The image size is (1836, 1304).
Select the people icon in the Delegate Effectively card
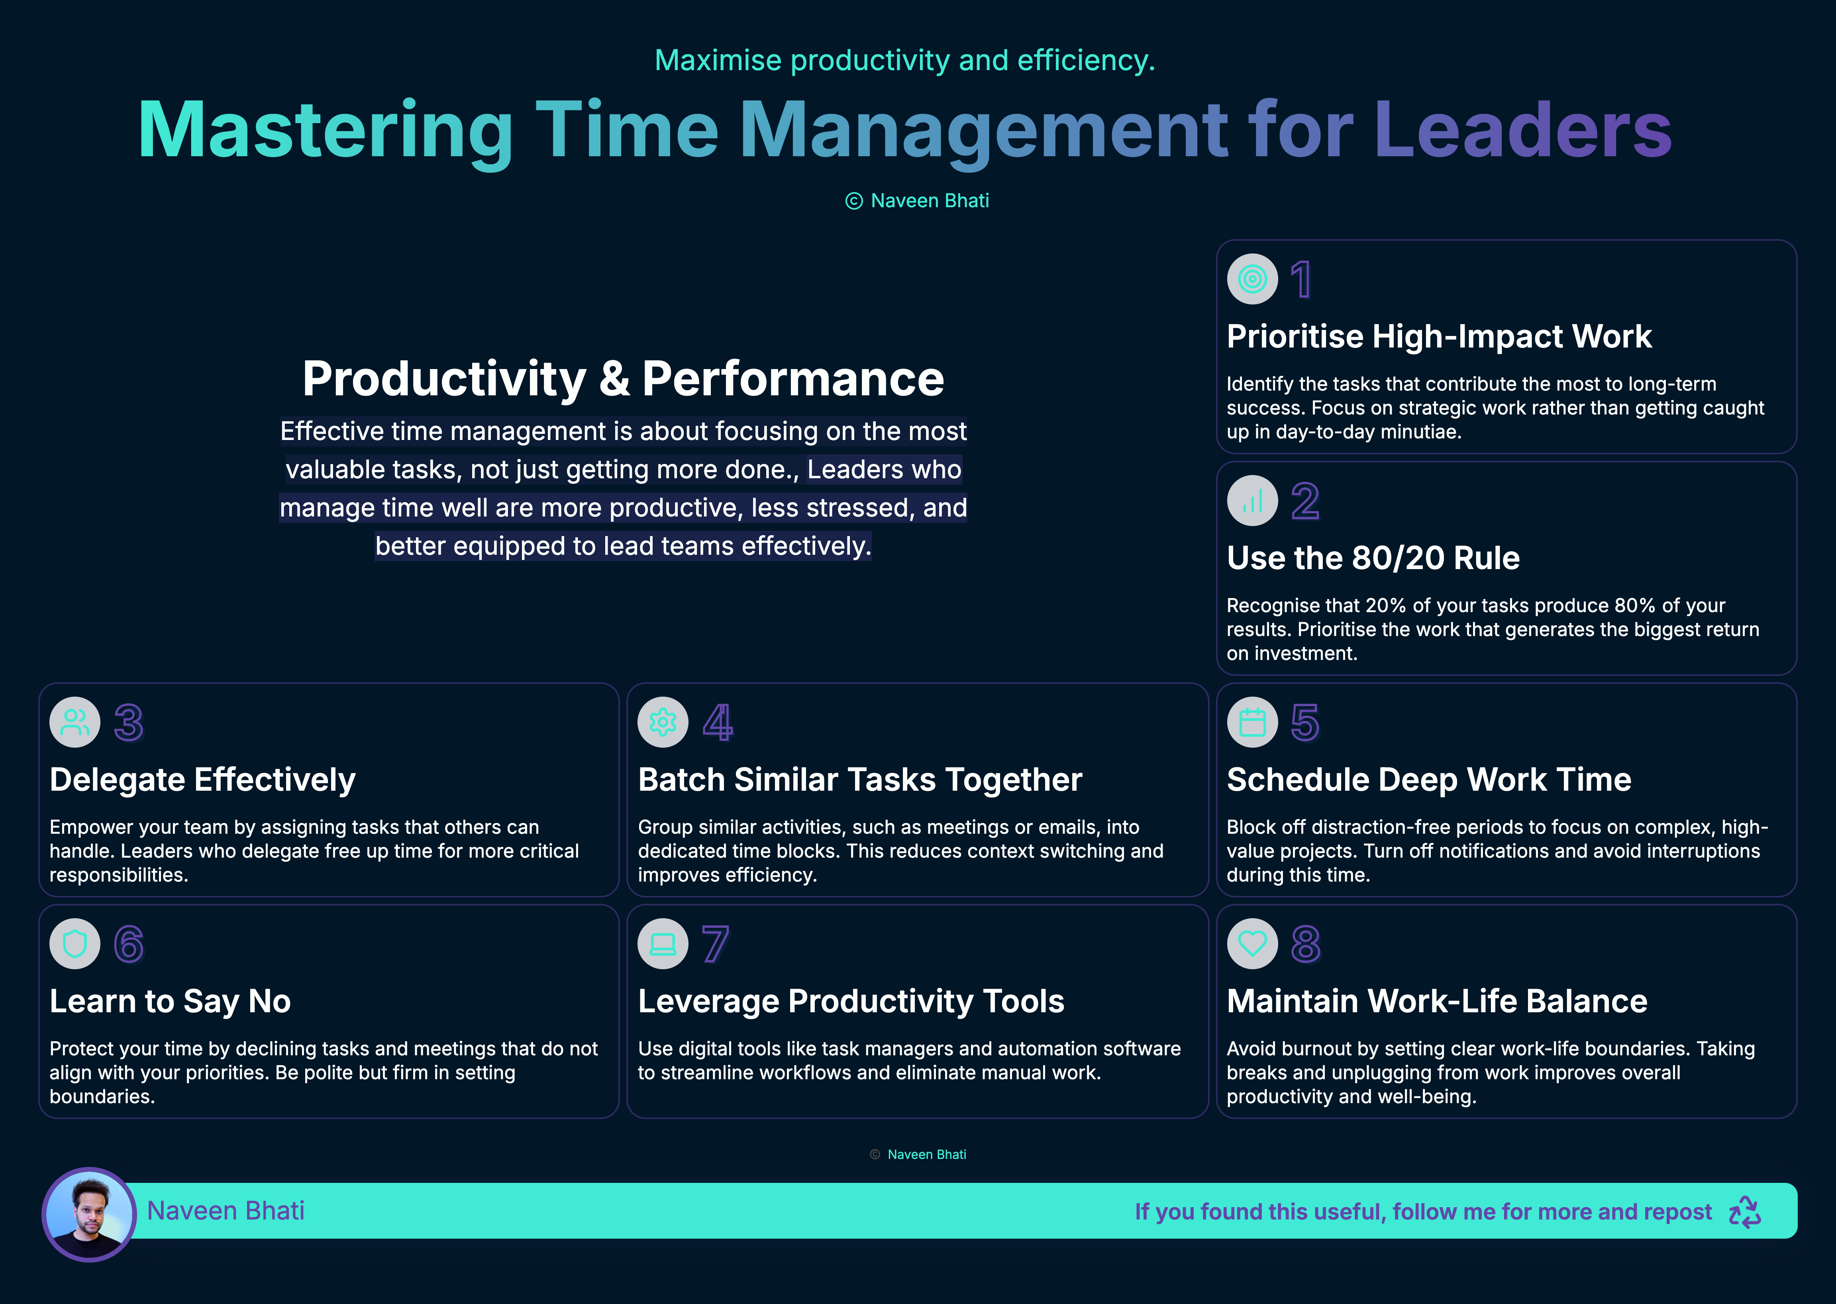(75, 722)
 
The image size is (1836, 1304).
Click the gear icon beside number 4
(663, 722)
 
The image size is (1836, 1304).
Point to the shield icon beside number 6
(75, 943)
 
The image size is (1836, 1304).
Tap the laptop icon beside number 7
(663, 943)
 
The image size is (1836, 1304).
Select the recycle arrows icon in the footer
(1744, 1212)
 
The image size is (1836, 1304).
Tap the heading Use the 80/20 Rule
(1373, 558)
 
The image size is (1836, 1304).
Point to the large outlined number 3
(128, 723)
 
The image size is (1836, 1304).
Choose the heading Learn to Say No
(170, 1001)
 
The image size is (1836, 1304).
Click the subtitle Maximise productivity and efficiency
(905, 60)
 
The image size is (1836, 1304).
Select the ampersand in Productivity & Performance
(614, 379)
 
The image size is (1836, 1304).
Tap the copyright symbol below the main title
(854, 201)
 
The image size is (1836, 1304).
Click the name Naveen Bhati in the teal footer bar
(226, 1211)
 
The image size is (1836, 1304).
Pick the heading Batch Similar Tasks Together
(860, 780)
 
